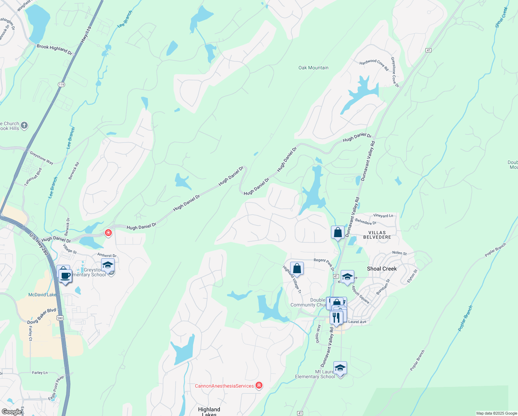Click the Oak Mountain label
coord(313,68)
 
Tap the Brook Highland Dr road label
coord(54,50)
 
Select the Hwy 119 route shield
coord(61,85)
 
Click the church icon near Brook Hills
coord(24,125)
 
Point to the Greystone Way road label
coord(42,158)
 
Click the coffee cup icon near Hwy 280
coord(65,276)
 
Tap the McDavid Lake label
coord(42,295)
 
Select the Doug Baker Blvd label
coord(42,316)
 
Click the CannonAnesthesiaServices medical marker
coord(259,385)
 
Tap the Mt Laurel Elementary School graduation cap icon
coord(340,368)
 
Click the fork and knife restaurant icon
coord(336,317)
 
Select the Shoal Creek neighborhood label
coord(382,269)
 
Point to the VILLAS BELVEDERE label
coord(377,235)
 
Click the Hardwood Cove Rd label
coord(374,64)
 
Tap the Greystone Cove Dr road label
coord(395,72)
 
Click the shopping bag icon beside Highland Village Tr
coord(297,269)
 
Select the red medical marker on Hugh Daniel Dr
coord(108,233)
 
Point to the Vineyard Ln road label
coord(383,216)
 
